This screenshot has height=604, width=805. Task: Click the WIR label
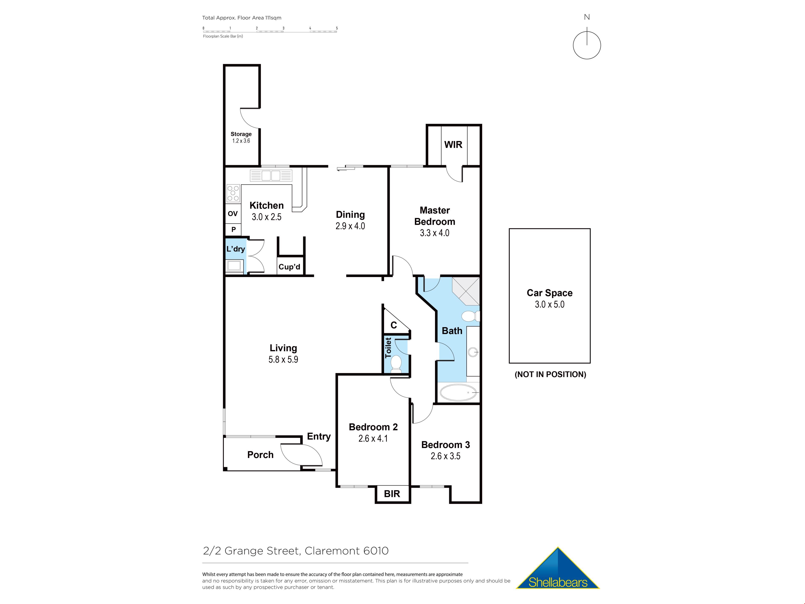[453, 144]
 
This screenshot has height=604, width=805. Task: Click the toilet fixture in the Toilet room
[396, 363]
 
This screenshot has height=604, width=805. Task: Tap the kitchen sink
[271, 176]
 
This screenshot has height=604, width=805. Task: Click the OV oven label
[232, 214]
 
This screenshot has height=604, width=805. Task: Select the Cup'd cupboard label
[289, 267]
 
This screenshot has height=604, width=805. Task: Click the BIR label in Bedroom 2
[392, 494]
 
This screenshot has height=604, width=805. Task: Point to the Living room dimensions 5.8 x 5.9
[283, 359]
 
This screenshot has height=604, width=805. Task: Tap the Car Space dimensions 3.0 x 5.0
[549, 304]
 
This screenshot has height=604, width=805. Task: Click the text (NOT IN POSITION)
[550, 375]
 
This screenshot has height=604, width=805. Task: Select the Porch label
[260, 455]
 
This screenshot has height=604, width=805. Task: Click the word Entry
[319, 436]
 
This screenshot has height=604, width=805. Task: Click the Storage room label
[241, 134]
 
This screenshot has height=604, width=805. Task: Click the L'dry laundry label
[235, 249]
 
